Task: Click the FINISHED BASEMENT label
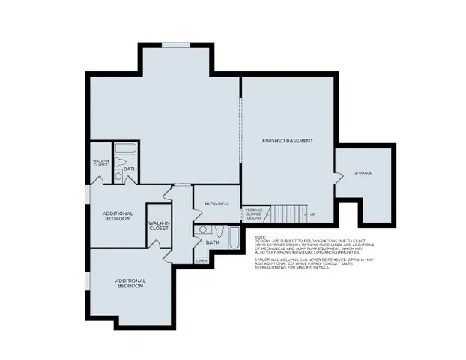coord(287,141)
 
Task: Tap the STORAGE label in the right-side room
coord(363,173)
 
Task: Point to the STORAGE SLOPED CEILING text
coord(252,214)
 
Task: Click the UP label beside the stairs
coord(312,214)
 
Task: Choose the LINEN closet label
coord(201,260)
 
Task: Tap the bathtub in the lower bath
coord(233,239)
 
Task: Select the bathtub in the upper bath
coord(129,149)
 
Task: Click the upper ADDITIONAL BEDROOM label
coord(118,216)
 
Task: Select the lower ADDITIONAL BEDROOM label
coord(130,283)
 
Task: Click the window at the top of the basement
coord(175,45)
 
